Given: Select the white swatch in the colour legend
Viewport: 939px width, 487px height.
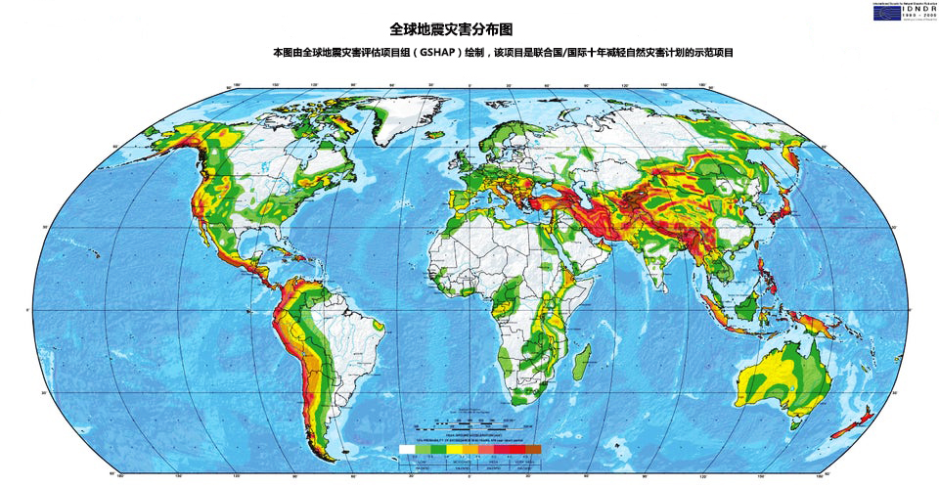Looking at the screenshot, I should (407, 449).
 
